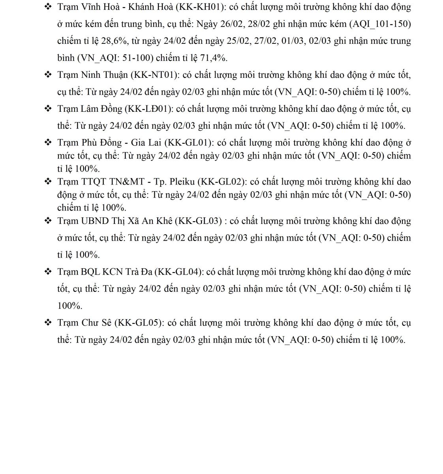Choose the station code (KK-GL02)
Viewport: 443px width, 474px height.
pyautogui.click(x=221, y=182)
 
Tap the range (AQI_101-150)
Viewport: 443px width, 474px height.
pyautogui.click(x=380, y=24)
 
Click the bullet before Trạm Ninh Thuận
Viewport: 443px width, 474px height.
pyautogui.click(x=48, y=75)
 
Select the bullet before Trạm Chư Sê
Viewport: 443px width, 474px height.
pyautogui.click(x=48, y=322)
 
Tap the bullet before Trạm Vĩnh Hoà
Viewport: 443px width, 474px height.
pyautogui.click(x=48, y=7)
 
